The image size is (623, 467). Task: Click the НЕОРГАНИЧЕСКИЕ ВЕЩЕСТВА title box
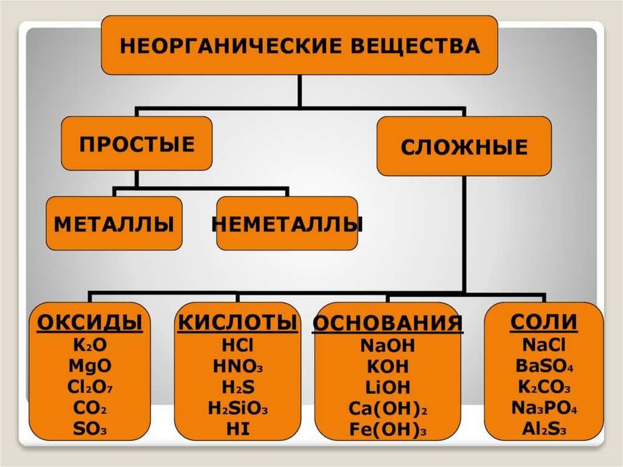point(299,46)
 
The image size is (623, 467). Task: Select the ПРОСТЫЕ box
point(137,144)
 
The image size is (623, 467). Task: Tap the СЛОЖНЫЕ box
point(464,147)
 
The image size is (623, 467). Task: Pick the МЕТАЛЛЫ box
point(114,223)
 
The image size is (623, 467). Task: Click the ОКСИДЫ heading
point(90,322)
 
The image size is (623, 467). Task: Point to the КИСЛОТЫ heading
point(237,323)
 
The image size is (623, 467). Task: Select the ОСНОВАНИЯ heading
point(388,324)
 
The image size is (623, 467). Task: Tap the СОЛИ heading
point(544,322)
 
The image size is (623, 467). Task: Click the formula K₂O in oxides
point(90,344)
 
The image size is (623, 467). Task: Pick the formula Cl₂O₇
point(90,387)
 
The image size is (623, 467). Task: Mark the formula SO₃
point(90,429)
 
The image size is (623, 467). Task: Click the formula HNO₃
point(238,366)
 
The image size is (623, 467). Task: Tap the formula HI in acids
point(237,429)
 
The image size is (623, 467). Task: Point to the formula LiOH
point(388,387)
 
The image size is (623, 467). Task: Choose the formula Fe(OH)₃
point(388,429)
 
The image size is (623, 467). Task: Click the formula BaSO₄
point(544,367)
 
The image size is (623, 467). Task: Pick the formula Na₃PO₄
point(544,408)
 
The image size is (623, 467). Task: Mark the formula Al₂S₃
point(544,429)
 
